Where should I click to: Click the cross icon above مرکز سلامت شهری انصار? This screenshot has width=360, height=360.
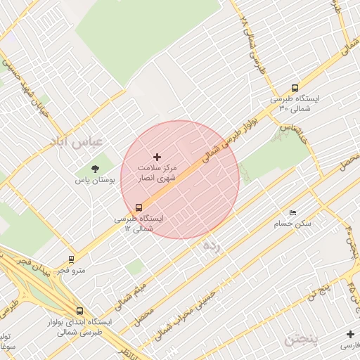click(x=157, y=156)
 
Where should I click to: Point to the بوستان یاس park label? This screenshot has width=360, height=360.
click(x=95, y=181)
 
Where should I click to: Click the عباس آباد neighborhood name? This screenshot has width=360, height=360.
click(x=77, y=141)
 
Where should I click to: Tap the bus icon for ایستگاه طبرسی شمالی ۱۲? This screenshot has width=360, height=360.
click(x=139, y=207)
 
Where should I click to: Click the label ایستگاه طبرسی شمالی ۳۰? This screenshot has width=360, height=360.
click(x=295, y=104)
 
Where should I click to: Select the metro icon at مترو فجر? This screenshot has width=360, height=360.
click(x=71, y=259)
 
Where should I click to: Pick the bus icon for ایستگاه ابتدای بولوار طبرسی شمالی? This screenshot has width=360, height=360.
click(x=79, y=311)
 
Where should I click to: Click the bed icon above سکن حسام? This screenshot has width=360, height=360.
click(x=292, y=212)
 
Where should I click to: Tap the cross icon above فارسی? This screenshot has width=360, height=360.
click(x=349, y=333)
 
